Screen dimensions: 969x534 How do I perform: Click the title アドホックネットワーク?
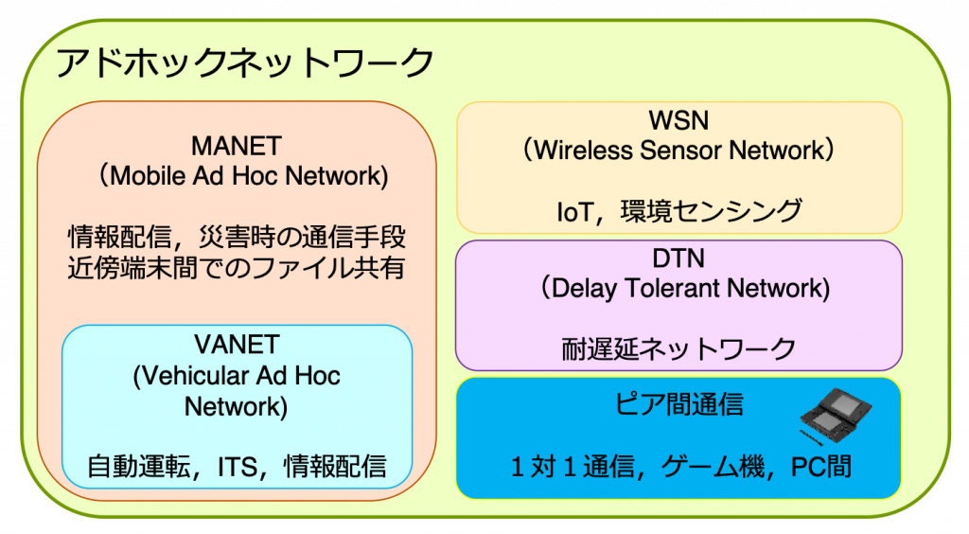click(245, 62)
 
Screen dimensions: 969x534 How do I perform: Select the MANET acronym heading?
click(237, 147)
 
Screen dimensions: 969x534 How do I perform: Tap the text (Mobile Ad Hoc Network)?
click(243, 176)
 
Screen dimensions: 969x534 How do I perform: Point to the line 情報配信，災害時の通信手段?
click(237, 238)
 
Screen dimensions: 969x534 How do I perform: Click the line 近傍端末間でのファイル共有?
click(237, 268)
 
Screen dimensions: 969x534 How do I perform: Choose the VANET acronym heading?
click(237, 345)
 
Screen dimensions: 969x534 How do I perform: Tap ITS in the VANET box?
click(238, 467)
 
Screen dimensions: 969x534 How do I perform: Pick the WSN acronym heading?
click(678, 120)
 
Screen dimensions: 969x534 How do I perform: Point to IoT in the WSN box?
click(574, 212)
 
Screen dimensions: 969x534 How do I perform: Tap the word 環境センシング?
click(712, 211)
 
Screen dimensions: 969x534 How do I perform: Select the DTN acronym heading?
click(678, 258)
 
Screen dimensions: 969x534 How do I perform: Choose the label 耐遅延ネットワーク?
click(678, 349)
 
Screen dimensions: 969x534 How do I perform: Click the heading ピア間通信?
click(678, 404)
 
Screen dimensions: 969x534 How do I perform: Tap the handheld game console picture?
click(837, 416)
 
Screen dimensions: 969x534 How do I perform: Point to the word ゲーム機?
click(713, 467)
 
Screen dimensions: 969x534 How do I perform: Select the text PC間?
click(821, 467)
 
